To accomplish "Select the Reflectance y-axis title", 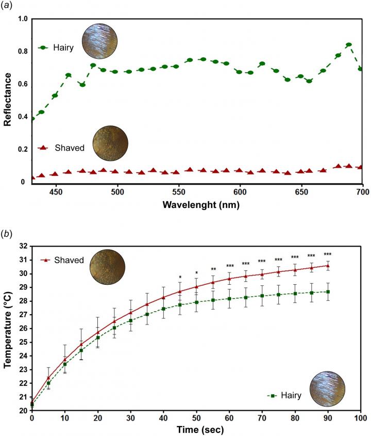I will (8, 100).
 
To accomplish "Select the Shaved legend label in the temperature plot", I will (69, 260).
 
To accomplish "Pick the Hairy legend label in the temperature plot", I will (291, 395).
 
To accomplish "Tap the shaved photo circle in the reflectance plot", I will (110, 142).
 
